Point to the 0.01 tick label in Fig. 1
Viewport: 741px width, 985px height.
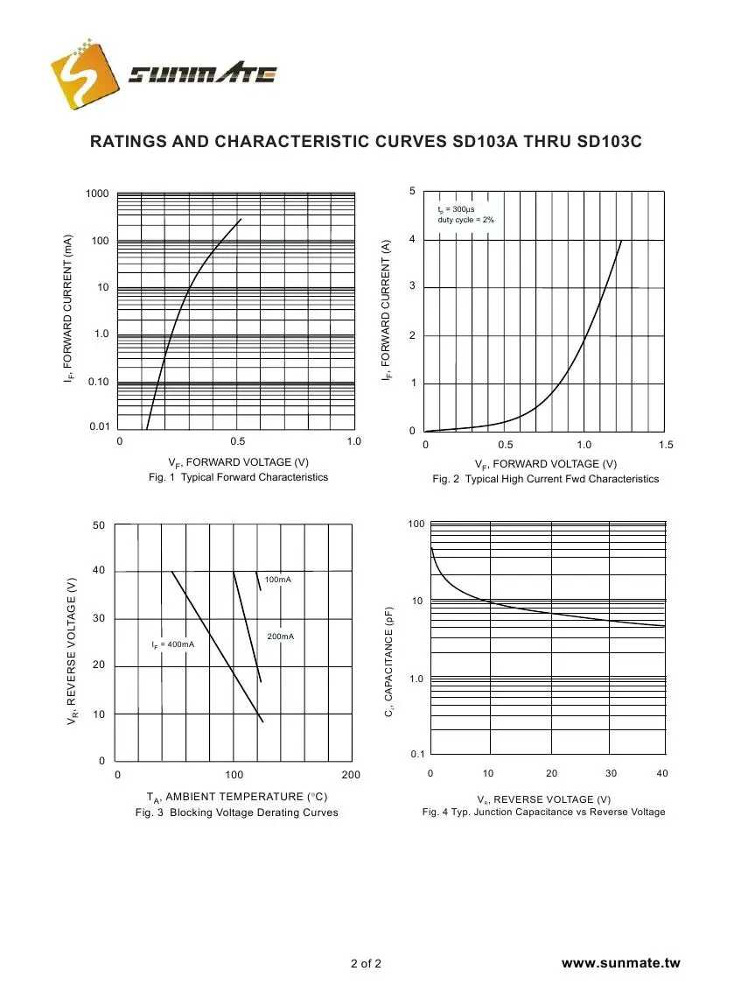point(98,427)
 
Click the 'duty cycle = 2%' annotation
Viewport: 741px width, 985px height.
point(465,220)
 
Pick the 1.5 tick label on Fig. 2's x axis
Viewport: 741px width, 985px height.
point(666,445)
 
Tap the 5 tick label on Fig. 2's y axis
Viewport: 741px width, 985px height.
point(413,192)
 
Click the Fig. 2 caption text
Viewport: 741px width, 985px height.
point(545,479)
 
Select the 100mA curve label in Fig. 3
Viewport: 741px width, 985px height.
point(278,580)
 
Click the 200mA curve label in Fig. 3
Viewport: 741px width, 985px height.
point(280,636)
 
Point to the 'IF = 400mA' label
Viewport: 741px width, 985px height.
point(172,645)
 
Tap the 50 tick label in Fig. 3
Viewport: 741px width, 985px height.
point(98,525)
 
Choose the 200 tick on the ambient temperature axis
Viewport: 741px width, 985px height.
point(350,776)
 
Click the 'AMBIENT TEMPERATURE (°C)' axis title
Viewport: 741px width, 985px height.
point(237,797)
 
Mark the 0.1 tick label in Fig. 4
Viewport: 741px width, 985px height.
point(418,754)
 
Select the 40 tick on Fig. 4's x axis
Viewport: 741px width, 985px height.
point(661,774)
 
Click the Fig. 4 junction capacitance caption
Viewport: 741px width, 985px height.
point(543,813)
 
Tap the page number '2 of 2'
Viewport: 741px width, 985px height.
point(366,964)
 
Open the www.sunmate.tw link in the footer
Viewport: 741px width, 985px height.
point(620,963)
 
